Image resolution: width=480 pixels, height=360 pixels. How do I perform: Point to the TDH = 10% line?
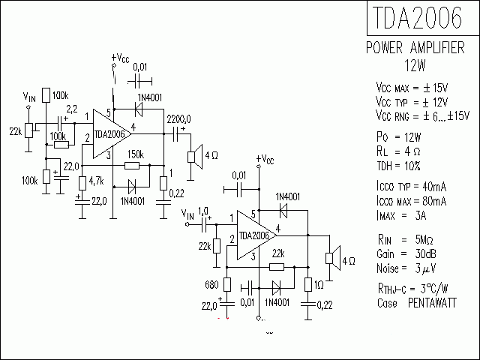398,165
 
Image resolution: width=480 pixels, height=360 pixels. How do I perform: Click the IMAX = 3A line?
402,216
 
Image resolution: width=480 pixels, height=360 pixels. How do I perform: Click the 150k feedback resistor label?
135,154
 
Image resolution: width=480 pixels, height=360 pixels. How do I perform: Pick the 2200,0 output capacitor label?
178,118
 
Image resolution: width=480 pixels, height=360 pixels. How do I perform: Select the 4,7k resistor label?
96,181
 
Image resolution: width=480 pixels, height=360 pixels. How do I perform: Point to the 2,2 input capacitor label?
72,109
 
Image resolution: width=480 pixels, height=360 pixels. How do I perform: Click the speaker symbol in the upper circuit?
191,157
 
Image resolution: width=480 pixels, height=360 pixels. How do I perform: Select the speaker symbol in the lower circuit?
328,259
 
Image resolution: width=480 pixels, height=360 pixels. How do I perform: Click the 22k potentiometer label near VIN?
15,131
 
